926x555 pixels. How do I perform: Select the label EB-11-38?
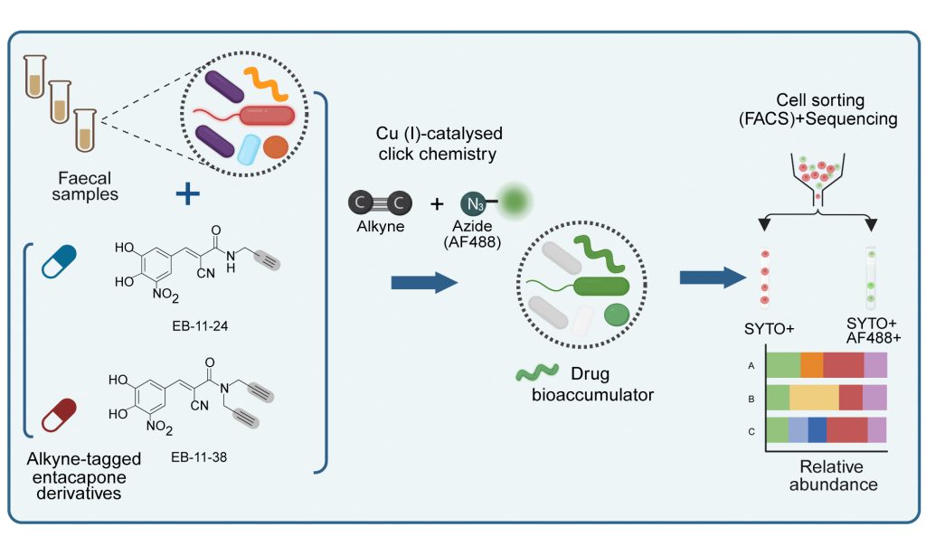[199, 456]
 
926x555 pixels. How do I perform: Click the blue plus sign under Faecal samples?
[187, 194]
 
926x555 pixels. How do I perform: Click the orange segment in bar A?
[811, 363]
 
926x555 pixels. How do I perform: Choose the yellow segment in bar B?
[814, 398]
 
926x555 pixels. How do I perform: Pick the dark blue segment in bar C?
[817, 431]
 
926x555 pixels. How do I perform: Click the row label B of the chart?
[751, 398]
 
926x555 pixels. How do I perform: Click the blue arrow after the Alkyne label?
[424, 284]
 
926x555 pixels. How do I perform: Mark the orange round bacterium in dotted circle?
[277, 146]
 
